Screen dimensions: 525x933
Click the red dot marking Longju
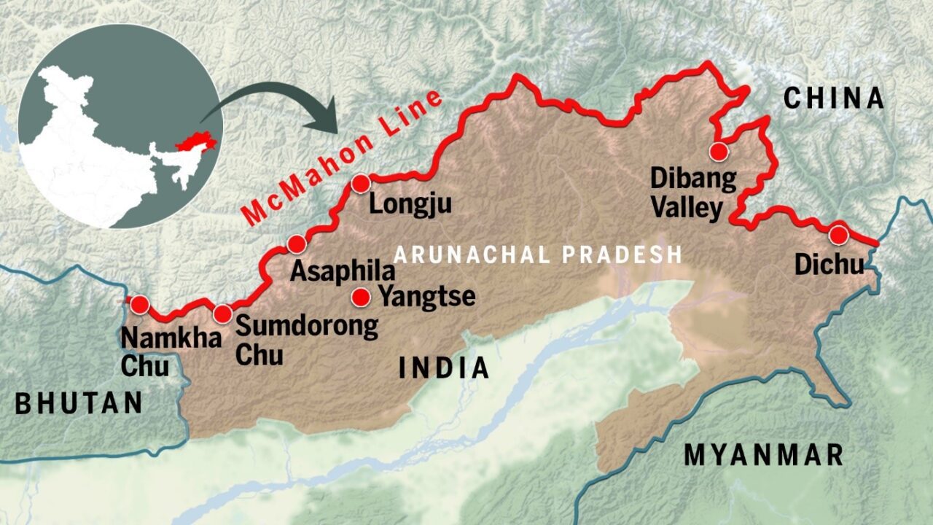click(x=361, y=184)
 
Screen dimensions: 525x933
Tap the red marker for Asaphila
click(x=297, y=244)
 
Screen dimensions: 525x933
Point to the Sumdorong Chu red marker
click(x=223, y=314)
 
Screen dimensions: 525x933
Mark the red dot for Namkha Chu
click(x=139, y=304)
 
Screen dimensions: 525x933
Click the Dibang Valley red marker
click(x=719, y=152)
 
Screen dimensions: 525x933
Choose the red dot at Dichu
click(x=839, y=235)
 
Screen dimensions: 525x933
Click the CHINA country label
click(x=833, y=98)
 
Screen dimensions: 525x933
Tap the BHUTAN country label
click(x=79, y=403)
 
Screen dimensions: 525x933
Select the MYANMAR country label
click(x=764, y=455)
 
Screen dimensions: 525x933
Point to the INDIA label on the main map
click(x=444, y=368)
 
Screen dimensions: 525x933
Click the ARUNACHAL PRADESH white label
click(x=538, y=254)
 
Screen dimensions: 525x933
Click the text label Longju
click(x=410, y=203)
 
